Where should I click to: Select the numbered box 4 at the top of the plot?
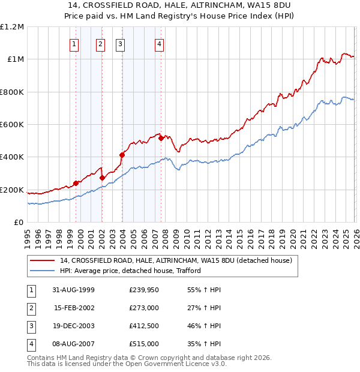tap(159, 43)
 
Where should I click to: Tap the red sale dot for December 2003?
tap(122, 155)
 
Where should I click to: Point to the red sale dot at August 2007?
tap(161, 138)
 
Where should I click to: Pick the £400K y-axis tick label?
tap(13, 157)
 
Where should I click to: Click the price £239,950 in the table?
tap(144, 289)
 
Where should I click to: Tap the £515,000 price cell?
tap(144, 344)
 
